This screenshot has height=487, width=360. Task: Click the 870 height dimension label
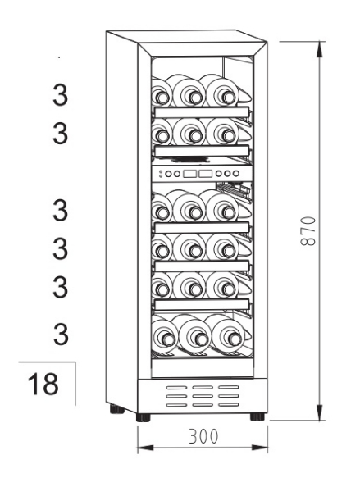pos(308,231)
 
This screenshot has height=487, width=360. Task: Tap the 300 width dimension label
pos(203,436)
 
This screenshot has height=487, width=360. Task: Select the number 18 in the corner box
pos(43,384)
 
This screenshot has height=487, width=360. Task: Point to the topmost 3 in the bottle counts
pos(60,95)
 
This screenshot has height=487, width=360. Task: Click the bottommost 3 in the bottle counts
pos(61,335)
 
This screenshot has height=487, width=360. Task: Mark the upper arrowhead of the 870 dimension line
pos(319,50)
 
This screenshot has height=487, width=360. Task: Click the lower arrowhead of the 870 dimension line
pos(319,412)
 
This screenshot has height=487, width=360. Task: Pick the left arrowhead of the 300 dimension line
pos(145,448)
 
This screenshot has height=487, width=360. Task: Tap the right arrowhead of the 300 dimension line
pos(259,448)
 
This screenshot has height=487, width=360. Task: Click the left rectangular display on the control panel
pos(189,174)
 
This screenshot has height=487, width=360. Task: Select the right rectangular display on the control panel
pos(205,174)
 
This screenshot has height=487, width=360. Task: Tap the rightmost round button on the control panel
pos(236,174)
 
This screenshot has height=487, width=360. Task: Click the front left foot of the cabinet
pos(144,417)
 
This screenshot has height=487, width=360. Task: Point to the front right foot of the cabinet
pos(257,416)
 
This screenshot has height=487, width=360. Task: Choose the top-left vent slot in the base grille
pos(176,388)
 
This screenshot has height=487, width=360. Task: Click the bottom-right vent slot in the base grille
pos(228,405)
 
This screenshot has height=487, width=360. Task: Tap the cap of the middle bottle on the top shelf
pos(195,98)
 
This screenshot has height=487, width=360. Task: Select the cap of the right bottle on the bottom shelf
pos(235,339)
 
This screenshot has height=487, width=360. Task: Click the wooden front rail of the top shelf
pos(202,112)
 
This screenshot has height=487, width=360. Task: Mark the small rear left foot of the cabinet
pos(117,410)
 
